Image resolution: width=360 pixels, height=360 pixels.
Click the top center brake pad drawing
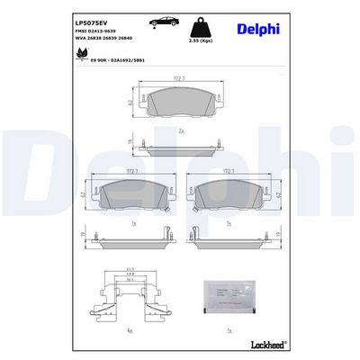[183, 103]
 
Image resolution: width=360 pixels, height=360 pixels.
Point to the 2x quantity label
[182, 132]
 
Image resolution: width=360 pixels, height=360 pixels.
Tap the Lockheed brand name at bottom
[266, 345]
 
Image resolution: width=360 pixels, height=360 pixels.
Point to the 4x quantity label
[130, 329]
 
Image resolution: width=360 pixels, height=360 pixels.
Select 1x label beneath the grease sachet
[229, 329]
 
